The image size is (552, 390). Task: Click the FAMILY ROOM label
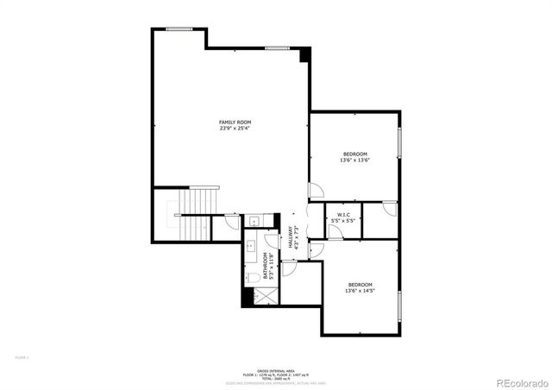235,123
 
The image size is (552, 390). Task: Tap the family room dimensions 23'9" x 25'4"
235,129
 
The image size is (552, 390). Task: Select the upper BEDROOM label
354,154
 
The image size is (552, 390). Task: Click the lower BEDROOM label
360,285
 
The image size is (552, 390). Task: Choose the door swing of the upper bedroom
317,191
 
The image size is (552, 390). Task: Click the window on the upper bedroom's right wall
400,142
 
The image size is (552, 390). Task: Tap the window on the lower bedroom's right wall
400,306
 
